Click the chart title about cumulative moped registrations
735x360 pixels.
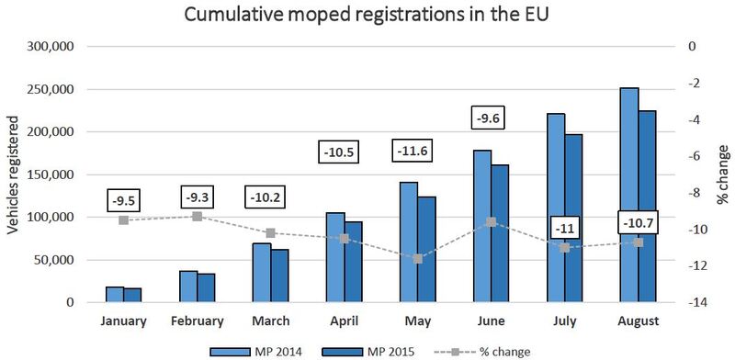366,16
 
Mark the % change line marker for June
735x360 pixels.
492,222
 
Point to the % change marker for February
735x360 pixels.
198,217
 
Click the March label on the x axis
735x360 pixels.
271,321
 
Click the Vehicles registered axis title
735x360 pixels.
12,174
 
